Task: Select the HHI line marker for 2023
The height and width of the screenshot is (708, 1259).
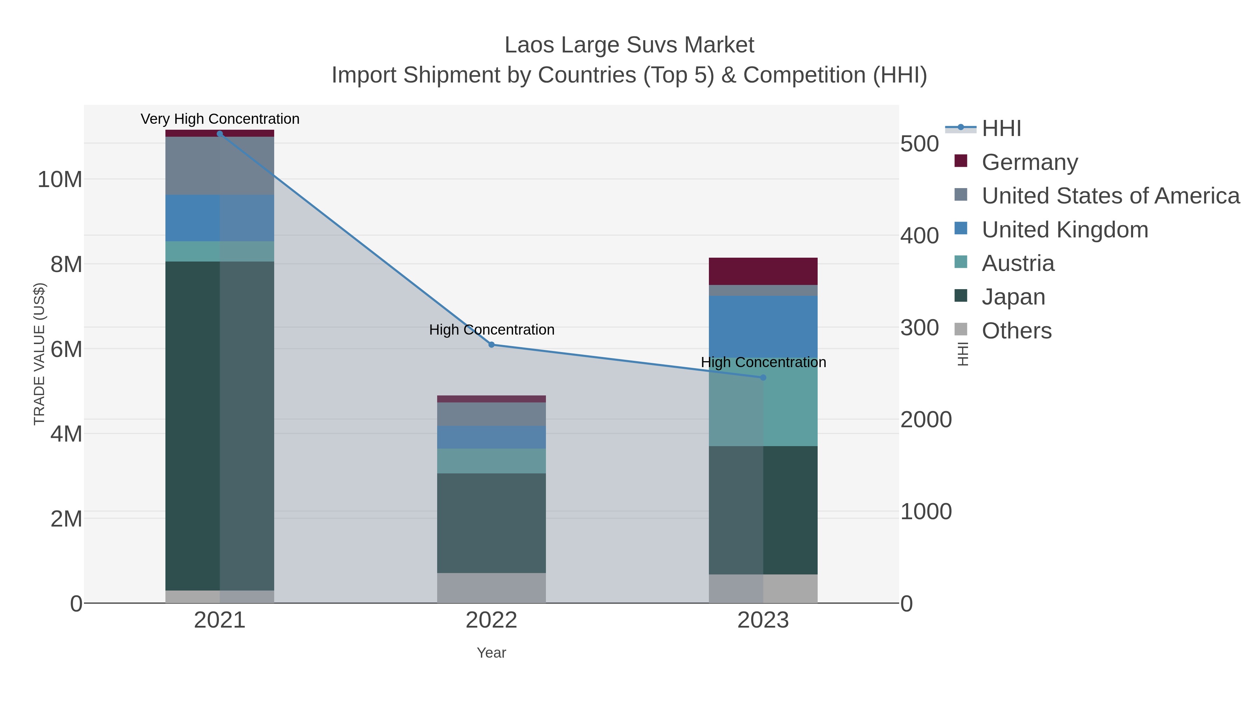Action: click(x=763, y=377)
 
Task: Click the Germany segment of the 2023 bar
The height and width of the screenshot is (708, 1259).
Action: click(x=763, y=271)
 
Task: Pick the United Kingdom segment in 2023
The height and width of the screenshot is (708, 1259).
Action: click(x=763, y=327)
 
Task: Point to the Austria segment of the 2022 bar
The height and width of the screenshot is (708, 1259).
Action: click(x=491, y=461)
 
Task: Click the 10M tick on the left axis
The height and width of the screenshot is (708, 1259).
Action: click(x=59, y=179)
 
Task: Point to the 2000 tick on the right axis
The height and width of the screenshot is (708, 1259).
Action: click(x=926, y=420)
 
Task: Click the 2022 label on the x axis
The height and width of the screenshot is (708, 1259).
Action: click(x=491, y=621)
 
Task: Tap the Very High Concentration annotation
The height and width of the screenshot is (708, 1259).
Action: click(x=220, y=119)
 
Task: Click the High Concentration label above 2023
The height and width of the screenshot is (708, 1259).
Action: click(x=763, y=362)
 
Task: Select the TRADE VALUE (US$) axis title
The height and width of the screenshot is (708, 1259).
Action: click(x=39, y=354)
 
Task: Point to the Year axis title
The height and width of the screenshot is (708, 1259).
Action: click(x=491, y=653)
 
